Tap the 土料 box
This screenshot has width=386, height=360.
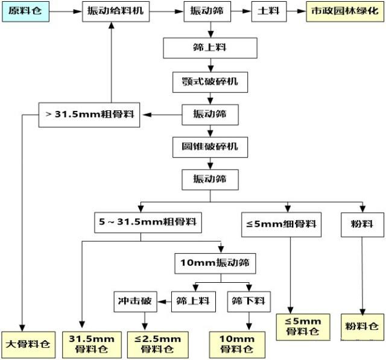click(265, 12)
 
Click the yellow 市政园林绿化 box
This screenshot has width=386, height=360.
click(341, 12)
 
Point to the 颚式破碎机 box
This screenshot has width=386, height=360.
click(209, 82)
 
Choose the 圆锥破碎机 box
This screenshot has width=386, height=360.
click(209, 147)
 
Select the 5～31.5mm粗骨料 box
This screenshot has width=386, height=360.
click(148, 222)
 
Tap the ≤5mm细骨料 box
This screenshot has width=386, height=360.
click(281, 224)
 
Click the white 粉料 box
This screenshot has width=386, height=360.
click(361, 224)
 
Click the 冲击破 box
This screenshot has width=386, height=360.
click(134, 300)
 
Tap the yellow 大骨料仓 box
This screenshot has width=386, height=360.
click(27, 344)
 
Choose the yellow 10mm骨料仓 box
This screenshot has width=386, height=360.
click(231, 344)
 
